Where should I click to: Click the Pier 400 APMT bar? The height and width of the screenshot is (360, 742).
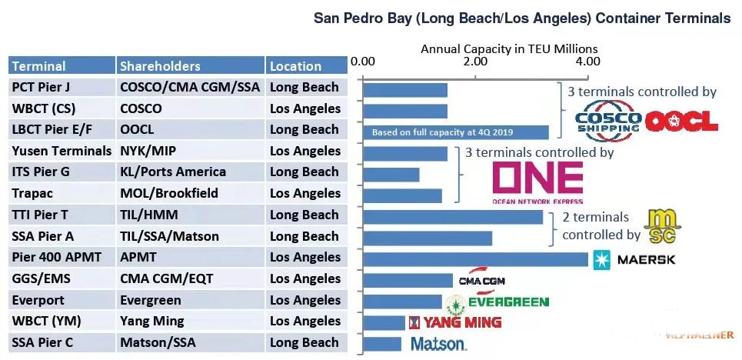(x=475, y=258)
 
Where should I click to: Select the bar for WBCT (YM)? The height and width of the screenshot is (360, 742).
(x=384, y=322)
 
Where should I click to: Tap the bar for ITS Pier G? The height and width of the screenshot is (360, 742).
(x=391, y=174)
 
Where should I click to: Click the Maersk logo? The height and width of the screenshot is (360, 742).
(x=635, y=260)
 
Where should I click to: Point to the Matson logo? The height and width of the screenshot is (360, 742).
(x=438, y=344)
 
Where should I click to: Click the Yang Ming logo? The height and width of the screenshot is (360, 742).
(x=454, y=322)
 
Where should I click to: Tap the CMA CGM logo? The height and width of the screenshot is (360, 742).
(x=481, y=280)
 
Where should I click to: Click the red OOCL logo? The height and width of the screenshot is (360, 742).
(x=681, y=120)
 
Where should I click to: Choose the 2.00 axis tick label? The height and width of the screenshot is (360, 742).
(x=475, y=61)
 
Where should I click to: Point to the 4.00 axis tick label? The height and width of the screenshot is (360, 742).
(x=587, y=61)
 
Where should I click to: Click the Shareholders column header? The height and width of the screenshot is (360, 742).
(x=160, y=66)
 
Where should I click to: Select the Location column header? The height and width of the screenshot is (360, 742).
(x=296, y=66)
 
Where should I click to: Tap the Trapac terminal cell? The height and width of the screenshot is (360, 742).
(x=33, y=193)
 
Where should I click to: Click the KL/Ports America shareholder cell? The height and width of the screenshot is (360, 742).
(x=173, y=172)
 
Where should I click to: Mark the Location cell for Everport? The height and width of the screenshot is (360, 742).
(x=305, y=300)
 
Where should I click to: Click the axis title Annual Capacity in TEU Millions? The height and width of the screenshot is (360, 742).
(x=509, y=48)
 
